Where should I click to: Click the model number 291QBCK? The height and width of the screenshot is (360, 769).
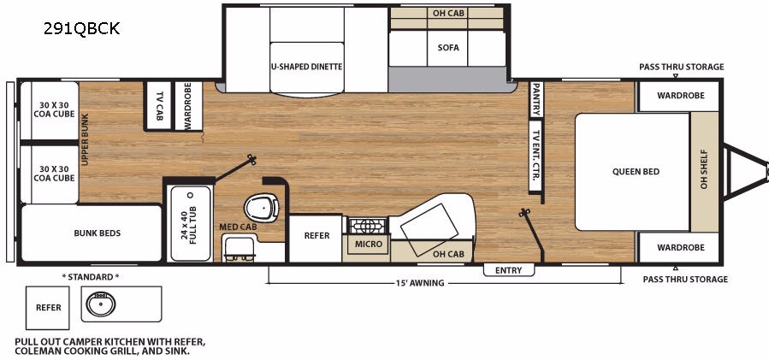81,29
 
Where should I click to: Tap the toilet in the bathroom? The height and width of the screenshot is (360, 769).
262,208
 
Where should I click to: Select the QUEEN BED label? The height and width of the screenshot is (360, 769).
636,172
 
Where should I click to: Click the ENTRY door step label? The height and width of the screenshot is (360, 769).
509,270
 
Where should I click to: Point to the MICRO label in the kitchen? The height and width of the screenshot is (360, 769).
369,244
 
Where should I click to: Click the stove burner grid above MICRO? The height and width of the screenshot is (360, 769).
368,226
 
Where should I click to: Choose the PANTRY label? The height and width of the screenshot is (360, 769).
536,99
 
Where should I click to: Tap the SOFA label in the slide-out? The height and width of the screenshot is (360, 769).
448,48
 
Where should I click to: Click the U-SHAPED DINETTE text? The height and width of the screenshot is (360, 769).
306,67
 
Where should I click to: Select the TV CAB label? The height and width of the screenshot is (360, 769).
159,105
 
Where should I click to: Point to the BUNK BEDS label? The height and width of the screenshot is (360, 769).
98,233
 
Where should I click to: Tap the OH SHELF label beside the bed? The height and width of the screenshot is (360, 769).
704,169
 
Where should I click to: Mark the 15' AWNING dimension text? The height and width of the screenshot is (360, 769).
420,283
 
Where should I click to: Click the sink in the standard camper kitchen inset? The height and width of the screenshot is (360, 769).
101,304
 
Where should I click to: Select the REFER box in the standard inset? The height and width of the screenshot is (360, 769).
48,308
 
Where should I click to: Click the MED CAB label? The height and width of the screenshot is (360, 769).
238,227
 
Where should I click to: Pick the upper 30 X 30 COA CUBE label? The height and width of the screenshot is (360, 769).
54,109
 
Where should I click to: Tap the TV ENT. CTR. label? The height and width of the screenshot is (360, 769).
536,155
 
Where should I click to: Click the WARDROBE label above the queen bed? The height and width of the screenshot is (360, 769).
681,96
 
